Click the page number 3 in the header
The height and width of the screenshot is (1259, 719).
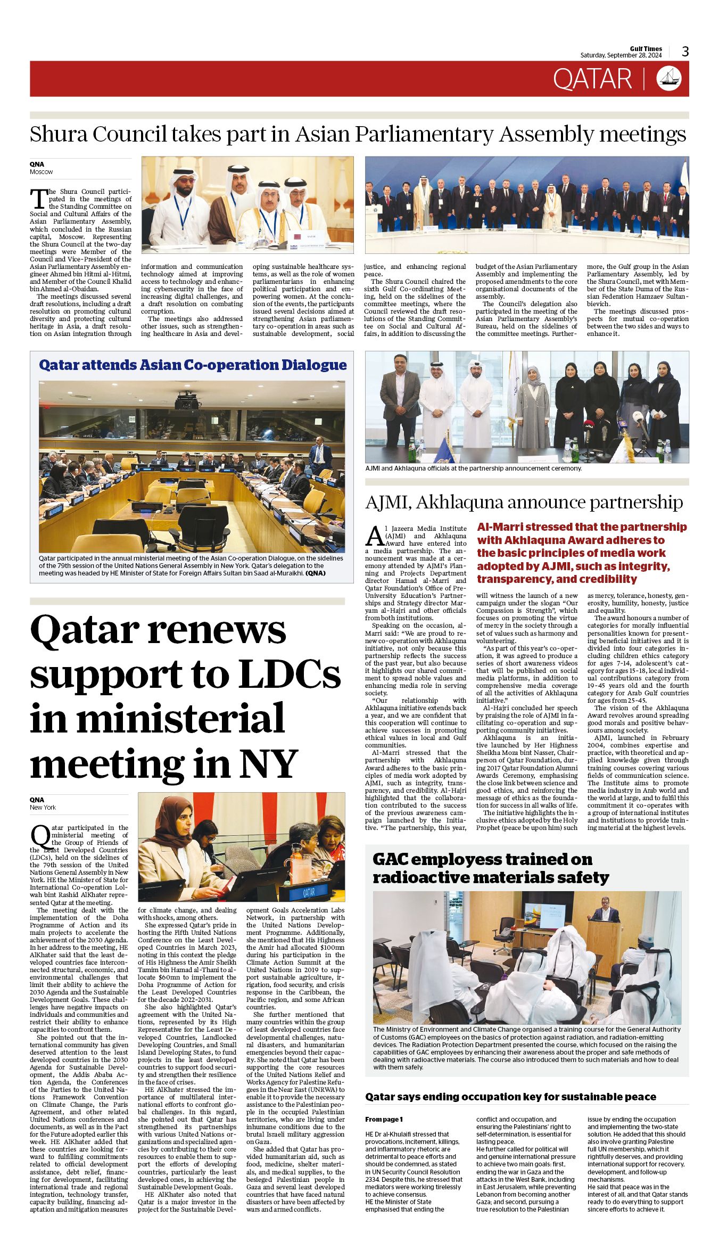[x=685, y=52]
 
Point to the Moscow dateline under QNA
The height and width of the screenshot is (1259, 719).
[x=42, y=172]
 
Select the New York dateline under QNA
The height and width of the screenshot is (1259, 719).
[x=43, y=808]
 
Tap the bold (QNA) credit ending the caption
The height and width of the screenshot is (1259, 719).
[x=315, y=573]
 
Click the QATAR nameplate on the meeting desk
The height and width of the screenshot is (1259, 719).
[x=308, y=892]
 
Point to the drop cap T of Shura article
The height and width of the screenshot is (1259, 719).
[x=38, y=199]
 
